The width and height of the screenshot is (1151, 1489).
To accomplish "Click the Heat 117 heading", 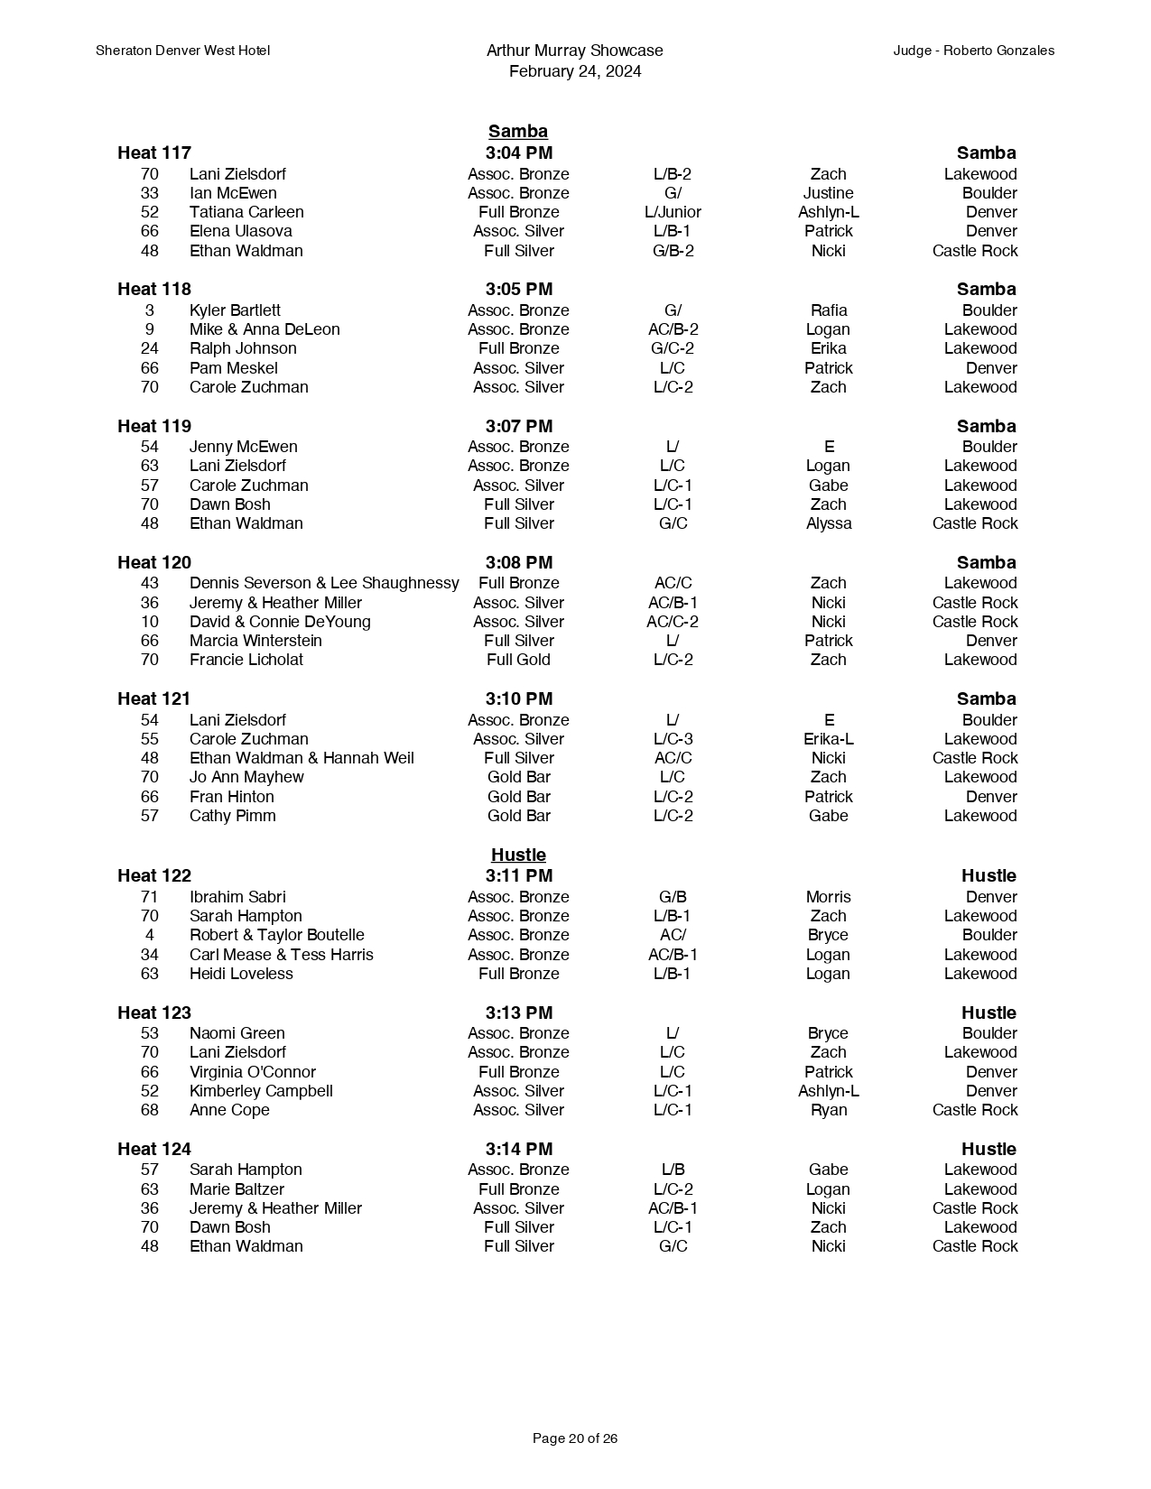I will click(x=154, y=153).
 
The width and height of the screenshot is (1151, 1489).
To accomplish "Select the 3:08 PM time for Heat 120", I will click(x=518, y=562).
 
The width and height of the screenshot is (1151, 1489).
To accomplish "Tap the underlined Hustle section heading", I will click(x=518, y=855).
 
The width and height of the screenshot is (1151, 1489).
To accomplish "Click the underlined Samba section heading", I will click(x=518, y=132).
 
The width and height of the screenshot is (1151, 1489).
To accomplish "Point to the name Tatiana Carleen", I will click(x=246, y=212).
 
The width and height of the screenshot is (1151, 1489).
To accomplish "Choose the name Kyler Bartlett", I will click(x=235, y=310).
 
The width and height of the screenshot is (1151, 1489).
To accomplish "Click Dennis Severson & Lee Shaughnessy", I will click(x=324, y=583).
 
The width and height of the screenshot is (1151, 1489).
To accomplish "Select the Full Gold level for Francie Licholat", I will click(x=518, y=660).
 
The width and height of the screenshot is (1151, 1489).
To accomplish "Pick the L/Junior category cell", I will click(x=673, y=212).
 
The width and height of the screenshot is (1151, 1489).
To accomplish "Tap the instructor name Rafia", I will click(x=829, y=310).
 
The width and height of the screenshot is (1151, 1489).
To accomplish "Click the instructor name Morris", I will click(x=829, y=897).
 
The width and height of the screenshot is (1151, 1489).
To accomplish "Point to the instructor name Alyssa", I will click(x=829, y=523).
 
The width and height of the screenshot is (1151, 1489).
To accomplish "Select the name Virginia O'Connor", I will click(x=253, y=1072).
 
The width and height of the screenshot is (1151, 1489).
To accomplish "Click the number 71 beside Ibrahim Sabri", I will click(x=150, y=897).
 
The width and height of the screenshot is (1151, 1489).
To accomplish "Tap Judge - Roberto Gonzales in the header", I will click(x=973, y=51).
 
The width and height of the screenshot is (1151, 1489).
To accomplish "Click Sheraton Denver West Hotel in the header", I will click(x=182, y=51).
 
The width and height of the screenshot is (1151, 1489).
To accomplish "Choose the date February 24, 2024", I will click(x=575, y=71).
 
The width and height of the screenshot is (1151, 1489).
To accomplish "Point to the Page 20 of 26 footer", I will click(x=575, y=1438).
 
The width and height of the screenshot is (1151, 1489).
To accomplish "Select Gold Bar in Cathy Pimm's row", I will click(x=518, y=816).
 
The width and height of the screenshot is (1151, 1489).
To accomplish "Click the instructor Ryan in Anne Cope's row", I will click(x=829, y=1110).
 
